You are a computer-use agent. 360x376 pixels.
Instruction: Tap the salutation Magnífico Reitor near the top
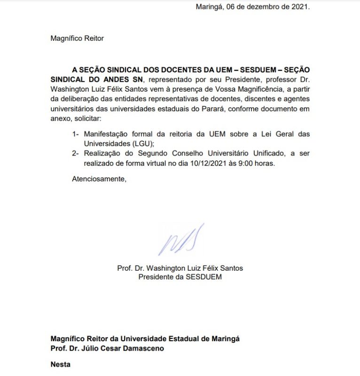pos(77,39)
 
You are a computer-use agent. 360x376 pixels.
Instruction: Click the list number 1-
pos(76,134)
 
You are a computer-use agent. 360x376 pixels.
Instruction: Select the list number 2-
pos(76,154)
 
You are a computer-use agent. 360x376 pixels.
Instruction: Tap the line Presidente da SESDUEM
pos(180,277)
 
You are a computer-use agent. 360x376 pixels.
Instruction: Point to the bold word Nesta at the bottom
pos(61,364)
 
